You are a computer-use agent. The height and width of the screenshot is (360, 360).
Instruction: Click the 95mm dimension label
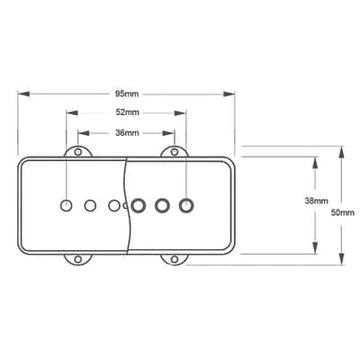coord(127,94)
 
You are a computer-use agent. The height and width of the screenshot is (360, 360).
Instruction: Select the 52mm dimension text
coord(128,112)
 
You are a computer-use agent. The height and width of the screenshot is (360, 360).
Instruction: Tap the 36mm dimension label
coord(127,133)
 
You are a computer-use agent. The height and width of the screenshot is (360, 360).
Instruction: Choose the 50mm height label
coord(343,212)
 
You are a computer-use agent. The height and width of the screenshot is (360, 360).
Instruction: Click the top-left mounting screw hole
coord(78,152)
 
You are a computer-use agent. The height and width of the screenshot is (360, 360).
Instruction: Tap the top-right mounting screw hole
coord(175,152)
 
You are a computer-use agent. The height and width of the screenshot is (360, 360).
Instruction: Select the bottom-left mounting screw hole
coord(78,259)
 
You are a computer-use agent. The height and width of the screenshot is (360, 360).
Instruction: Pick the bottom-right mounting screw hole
coord(175,259)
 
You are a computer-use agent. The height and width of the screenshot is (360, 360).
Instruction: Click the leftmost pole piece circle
coord(67,206)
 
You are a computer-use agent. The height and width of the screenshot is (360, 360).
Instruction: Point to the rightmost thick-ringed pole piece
coord(186,206)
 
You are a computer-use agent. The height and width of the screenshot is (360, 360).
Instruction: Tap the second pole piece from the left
coord(90,206)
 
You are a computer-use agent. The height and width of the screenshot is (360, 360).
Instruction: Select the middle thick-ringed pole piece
coord(162,206)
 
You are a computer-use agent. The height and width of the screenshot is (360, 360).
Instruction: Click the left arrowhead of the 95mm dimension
coord(23,94)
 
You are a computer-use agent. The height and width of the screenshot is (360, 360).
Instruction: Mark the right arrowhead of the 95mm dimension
coord(229,94)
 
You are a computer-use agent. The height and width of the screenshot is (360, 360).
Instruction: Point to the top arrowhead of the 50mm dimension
coord(341,152)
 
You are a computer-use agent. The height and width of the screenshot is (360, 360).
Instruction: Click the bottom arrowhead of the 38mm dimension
coord(315,247)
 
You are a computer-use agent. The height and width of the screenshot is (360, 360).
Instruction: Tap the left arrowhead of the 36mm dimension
coord(84,133)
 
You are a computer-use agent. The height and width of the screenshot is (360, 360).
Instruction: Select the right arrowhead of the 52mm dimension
coord(181,113)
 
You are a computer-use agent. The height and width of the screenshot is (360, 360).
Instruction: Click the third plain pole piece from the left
coord(114,206)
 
